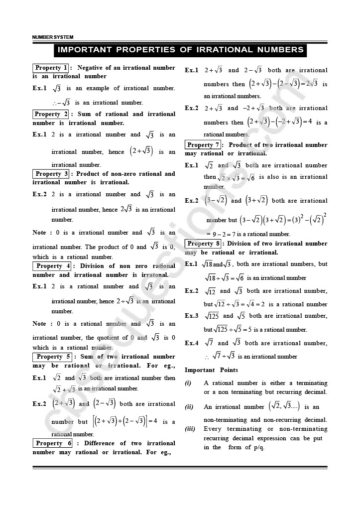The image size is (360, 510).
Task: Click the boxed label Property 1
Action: [x=51, y=68]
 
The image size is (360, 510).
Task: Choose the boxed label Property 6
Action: [x=53, y=443]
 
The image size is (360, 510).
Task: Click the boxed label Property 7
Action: [x=203, y=145]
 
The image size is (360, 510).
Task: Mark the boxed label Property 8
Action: [x=203, y=244]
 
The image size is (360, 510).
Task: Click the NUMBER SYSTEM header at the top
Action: [x=52, y=37]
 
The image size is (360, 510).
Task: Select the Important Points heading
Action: [x=211, y=370]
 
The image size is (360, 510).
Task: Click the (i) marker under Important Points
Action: [x=188, y=383]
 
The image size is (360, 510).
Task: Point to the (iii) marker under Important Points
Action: [x=190, y=429]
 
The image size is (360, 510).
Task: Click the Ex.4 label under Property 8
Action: [x=192, y=343]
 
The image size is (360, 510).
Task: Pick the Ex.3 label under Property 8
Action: [x=192, y=316]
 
